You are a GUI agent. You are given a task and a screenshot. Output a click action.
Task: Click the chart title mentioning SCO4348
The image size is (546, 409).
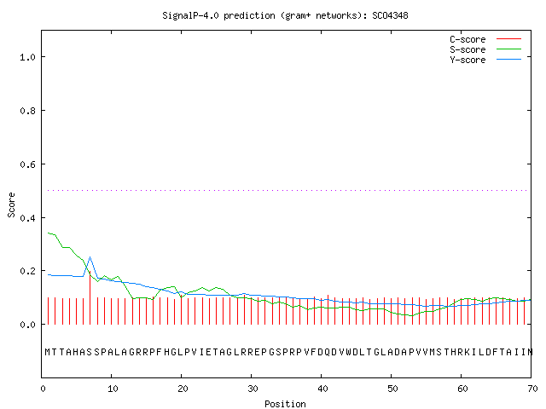pyautogui.click(x=285, y=15)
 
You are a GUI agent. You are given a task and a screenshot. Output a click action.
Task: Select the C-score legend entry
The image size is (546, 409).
pyautogui.click(x=485, y=39)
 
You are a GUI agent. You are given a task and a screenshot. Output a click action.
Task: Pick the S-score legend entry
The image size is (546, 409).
pyautogui.click(x=485, y=49)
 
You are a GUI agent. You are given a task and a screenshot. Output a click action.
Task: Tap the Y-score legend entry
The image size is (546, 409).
pyautogui.click(x=485, y=60)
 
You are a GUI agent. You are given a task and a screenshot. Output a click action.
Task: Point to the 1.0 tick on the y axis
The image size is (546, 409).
pyautogui.click(x=27, y=57)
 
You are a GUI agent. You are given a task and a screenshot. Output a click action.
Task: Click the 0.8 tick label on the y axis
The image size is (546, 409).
pyautogui.click(x=27, y=111)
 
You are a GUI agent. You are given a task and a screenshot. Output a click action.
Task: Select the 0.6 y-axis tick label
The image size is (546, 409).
pyautogui.click(x=27, y=164)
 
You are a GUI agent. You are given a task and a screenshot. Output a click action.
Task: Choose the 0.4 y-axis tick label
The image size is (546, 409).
pyautogui.click(x=27, y=218)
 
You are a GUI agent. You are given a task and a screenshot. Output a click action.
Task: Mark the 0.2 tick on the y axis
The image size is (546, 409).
pyautogui.click(x=27, y=271)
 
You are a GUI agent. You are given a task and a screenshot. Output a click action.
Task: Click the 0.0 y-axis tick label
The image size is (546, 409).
pyautogui.click(x=27, y=325)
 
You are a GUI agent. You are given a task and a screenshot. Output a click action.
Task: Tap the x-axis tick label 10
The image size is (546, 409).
pyautogui.click(x=113, y=389)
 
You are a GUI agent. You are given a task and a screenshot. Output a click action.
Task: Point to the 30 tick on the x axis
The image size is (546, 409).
pyautogui.click(x=253, y=389)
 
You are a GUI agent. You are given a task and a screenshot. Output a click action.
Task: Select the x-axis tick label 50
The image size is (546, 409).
pyautogui.click(x=392, y=389)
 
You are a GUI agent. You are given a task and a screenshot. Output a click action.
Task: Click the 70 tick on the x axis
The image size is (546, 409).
pyautogui.click(x=532, y=389)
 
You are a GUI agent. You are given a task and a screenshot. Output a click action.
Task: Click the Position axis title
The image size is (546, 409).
pyautogui.click(x=285, y=404)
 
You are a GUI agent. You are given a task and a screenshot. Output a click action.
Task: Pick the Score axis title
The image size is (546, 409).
pyautogui.click(x=11, y=204)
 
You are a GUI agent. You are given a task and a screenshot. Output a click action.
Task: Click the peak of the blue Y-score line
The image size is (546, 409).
pyautogui.click(x=90, y=257)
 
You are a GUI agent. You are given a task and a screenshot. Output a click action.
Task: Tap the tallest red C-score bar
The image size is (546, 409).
pyautogui.click(x=90, y=297)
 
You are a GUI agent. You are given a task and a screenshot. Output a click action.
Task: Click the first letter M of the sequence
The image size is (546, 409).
pyautogui.click(x=48, y=352)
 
